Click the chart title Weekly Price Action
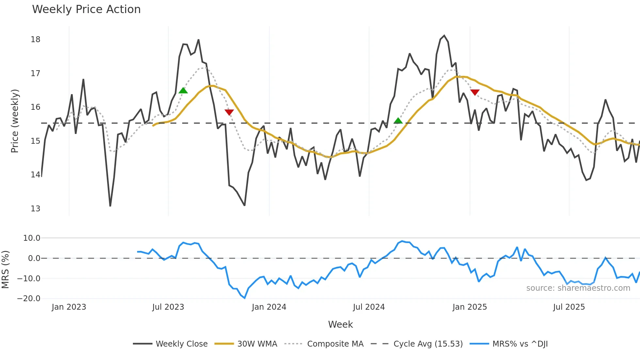click(x=86, y=9)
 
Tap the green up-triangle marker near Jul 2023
click(x=183, y=90)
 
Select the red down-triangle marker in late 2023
click(x=229, y=112)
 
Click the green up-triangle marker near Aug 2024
click(x=398, y=121)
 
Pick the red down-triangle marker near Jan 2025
click(x=475, y=92)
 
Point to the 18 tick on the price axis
click(x=35, y=40)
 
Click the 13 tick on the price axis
click(x=35, y=209)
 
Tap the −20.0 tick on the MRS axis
click(x=29, y=299)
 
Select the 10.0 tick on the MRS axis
click(x=31, y=238)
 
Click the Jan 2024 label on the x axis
click(x=269, y=307)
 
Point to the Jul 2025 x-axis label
click(x=569, y=307)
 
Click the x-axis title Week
click(x=340, y=324)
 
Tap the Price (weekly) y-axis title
click(x=15, y=121)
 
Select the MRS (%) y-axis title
click(x=5, y=270)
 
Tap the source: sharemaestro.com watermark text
click(x=578, y=288)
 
